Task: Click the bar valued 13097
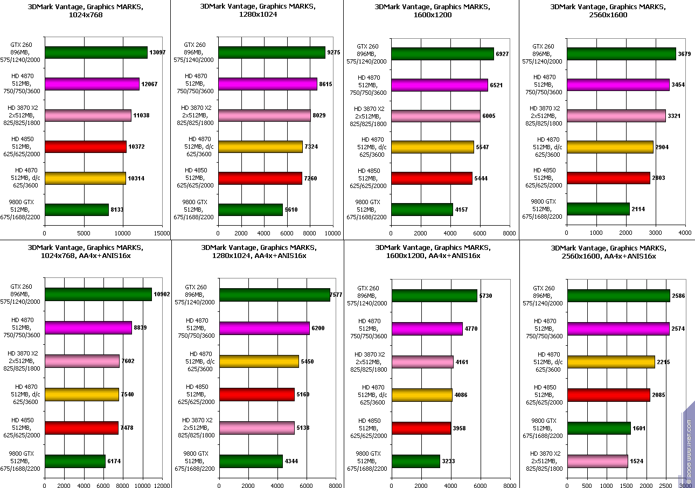click(96, 52)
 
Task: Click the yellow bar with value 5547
click(433, 147)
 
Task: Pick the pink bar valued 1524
click(597, 461)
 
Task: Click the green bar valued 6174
click(75, 461)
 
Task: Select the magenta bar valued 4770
click(427, 329)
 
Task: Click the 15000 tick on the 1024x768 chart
click(162, 234)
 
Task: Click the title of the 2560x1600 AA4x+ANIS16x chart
click(608, 252)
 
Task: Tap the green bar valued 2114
click(598, 209)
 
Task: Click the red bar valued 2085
click(608, 395)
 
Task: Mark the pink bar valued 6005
click(436, 116)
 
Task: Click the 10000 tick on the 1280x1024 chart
click(332, 234)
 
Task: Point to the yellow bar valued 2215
click(611, 362)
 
